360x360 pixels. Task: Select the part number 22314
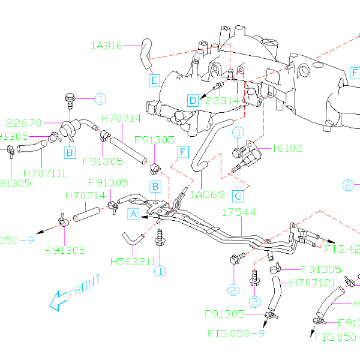click(222, 100)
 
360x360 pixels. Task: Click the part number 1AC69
click(207, 194)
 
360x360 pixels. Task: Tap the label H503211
click(132, 262)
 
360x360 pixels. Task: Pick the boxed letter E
click(154, 79)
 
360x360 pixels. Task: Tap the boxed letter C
click(238, 196)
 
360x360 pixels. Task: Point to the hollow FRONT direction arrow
click(58, 299)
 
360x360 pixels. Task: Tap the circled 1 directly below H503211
click(160, 271)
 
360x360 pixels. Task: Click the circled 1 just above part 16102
click(239, 132)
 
